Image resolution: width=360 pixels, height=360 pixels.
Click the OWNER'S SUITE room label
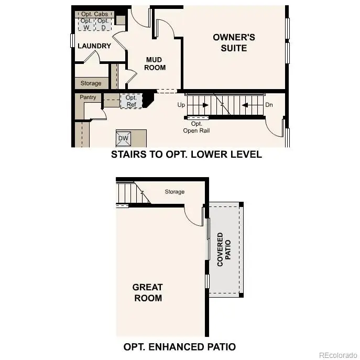pyautogui.click(x=234, y=42)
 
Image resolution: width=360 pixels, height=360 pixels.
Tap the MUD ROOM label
pyautogui.click(x=155, y=63)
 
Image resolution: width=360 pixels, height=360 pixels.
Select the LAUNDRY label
pyautogui.click(x=94, y=46)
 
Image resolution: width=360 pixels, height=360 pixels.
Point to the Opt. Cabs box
pyautogui.click(x=94, y=14)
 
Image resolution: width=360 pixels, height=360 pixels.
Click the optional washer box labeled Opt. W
pyautogui.click(x=86, y=24)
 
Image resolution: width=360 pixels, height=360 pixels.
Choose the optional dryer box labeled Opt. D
pyautogui.click(x=103, y=24)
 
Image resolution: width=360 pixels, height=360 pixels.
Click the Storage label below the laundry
pyautogui.click(x=91, y=83)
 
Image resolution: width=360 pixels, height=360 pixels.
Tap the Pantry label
pyautogui.click(x=88, y=97)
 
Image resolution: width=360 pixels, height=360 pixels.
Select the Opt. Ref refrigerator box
pyautogui.click(x=131, y=101)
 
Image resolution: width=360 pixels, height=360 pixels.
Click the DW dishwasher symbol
pyautogui.click(x=124, y=138)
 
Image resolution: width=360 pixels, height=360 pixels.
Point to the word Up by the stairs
pyautogui.click(x=181, y=105)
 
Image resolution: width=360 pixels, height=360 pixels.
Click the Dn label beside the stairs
pyautogui.click(x=269, y=105)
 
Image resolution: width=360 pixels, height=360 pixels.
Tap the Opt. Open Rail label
pyautogui.click(x=197, y=127)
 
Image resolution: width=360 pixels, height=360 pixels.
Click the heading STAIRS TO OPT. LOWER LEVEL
pyautogui.click(x=186, y=155)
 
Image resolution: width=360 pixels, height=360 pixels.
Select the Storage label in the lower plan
pyautogui.click(x=174, y=192)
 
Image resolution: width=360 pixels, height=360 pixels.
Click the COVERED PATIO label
pyautogui.click(x=224, y=249)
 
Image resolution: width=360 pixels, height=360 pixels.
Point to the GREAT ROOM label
pyautogui.click(x=147, y=292)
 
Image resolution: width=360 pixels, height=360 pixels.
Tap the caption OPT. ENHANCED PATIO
pyautogui.click(x=179, y=346)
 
